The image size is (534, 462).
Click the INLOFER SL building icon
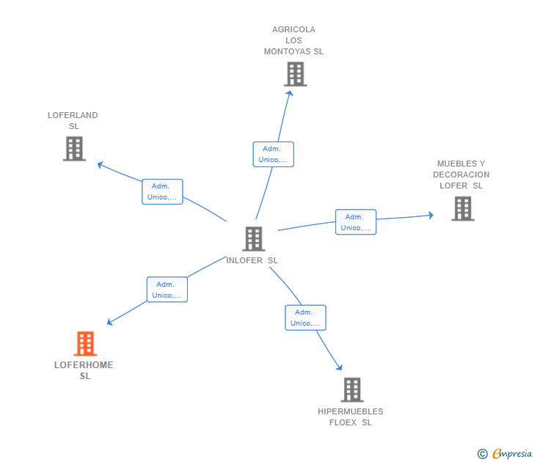[x=253, y=239]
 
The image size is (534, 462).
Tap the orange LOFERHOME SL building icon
[x=85, y=344]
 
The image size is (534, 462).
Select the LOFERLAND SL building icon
[x=74, y=149]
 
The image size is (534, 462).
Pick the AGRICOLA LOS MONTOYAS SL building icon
[x=295, y=74]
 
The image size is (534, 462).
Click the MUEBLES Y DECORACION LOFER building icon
[x=462, y=209]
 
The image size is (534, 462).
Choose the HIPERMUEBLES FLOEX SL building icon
[x=352, y=390]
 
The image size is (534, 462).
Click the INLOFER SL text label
[x=252, y=260]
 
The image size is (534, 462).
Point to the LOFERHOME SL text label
[x=84, y=370]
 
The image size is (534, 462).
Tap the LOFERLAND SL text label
[x=73, y=120]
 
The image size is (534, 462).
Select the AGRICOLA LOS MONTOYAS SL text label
[x=293, y=40]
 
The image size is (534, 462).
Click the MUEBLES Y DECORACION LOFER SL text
[x=461, y=175]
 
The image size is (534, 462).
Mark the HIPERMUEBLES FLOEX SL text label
[x=351, y=417]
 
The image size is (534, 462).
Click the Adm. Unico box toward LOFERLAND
[x=162, y=191]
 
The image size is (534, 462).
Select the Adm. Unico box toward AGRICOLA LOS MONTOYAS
[x=274, y=154]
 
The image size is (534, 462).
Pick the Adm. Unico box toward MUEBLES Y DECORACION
[x=356, y=222]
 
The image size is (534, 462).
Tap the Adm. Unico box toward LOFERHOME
[x=167, y=290]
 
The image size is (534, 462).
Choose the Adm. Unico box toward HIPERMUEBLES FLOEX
[x=305, y=318]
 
